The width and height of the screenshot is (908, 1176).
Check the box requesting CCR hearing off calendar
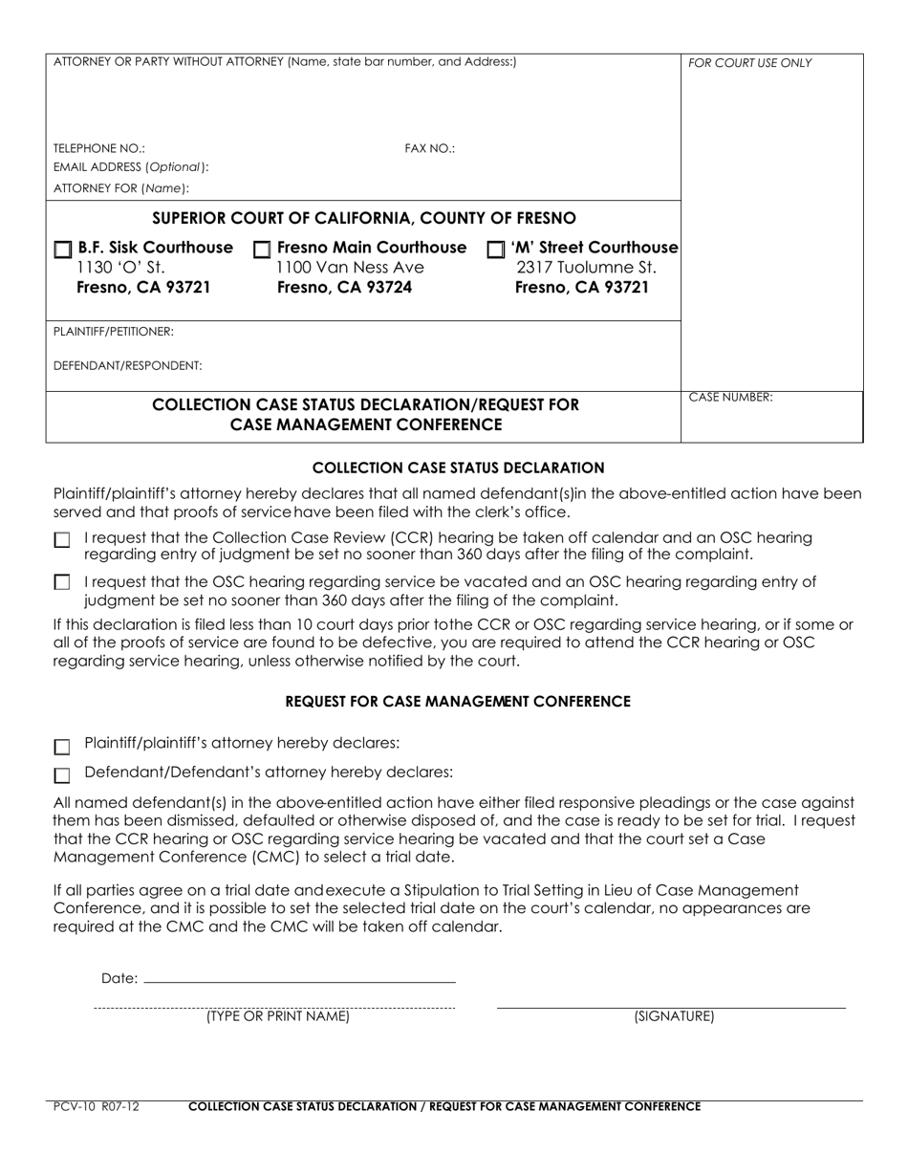62,540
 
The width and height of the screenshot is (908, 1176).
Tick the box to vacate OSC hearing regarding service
62,582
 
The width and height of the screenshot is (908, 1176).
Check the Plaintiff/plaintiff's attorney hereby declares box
62,747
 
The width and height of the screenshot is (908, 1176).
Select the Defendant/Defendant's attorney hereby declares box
62,775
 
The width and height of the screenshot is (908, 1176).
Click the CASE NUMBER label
730,397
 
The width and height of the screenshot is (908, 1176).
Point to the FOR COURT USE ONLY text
749,63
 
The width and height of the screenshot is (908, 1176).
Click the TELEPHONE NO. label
99,149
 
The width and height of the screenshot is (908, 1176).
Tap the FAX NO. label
429,149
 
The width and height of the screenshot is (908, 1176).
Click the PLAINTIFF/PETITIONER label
114,331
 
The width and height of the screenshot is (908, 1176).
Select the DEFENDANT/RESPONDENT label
127,365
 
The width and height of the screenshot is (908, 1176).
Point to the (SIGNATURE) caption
674,1017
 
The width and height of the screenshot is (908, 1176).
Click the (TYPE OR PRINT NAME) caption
277,1017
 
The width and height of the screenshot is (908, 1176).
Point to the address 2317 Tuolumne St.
585,268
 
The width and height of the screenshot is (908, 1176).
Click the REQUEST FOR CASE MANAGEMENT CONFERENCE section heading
458,702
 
